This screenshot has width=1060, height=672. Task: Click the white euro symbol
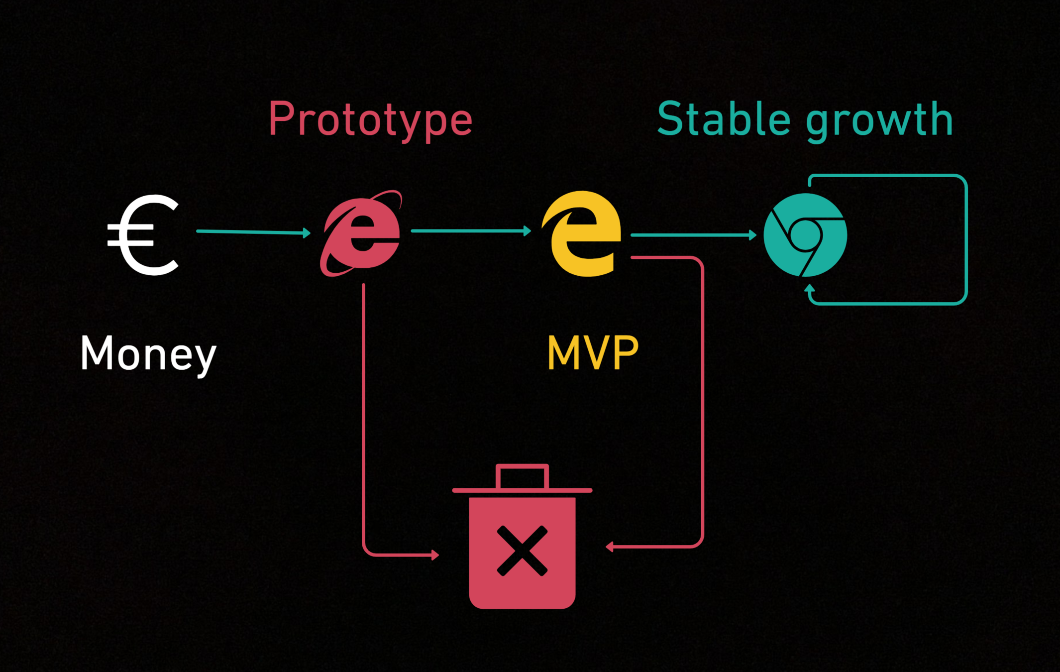(x=142, y=235)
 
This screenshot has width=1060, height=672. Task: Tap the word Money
(x=148, y=353)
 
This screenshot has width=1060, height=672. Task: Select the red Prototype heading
(x=370, y=119)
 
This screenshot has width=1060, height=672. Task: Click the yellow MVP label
(x=592, y=352)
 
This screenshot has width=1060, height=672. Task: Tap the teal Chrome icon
(x=805, y=235)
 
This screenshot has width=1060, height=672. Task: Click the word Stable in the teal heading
(x=724, y=119)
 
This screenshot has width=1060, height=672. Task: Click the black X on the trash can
(x=522, y=551)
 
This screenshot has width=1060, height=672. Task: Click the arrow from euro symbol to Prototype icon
(x=253, y=231)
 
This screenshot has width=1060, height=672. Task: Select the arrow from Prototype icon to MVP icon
(x=470, y=230)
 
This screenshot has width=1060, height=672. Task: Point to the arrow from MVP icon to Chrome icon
(x=693, y=235)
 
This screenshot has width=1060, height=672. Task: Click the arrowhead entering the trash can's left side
(x=435, y=555)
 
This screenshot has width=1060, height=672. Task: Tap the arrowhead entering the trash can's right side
(x=610, y=547)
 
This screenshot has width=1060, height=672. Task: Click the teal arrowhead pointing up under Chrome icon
(x=810, y=288)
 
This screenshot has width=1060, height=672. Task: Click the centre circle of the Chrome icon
(x=806, y=234)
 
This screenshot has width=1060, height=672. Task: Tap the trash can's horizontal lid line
(x=522, y=490)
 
